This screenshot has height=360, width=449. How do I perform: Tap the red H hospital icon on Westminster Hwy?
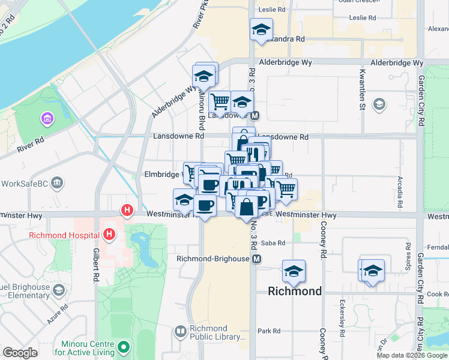(x=127, y=210)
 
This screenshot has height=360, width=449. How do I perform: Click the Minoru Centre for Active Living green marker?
(x=123, y=347)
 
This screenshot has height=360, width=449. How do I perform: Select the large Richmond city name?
(x=294, y=292)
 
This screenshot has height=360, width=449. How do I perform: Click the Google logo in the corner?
(x=20, y=353)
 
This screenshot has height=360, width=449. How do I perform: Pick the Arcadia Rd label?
(x=400, y=191)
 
